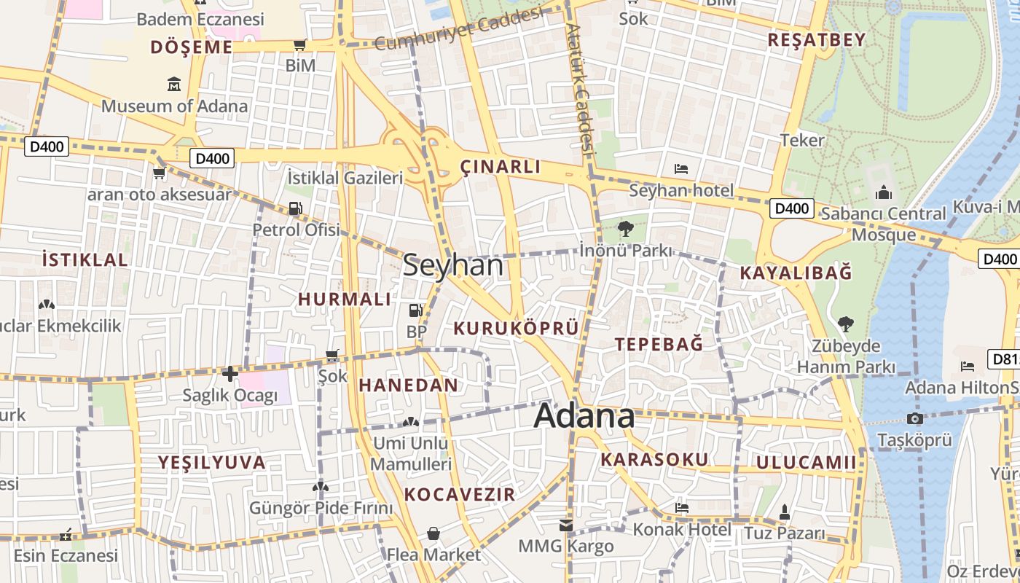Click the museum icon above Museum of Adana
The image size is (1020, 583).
coord(174,84)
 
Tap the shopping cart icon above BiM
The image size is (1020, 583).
coord(299,45)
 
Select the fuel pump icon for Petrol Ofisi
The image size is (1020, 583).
coord(295,208)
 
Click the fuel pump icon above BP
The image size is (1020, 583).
coord(415,310)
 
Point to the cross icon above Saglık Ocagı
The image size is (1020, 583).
coord(230,374)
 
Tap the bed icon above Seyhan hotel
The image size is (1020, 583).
coord(681,169)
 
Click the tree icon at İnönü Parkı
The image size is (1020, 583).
coord(625,229)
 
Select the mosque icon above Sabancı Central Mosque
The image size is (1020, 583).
coord(884,192)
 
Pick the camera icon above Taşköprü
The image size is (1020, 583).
coord(915,418)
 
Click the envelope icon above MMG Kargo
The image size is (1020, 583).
coord(566,525)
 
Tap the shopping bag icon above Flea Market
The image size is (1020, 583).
coord(433,533)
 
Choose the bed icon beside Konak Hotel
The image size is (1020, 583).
coord(682,507)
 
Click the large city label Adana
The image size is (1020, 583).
coord(584,416)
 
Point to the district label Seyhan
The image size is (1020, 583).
coord(452,265)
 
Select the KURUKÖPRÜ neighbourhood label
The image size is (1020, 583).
coord(516,329)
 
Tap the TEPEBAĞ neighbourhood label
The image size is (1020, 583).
coord(659,345)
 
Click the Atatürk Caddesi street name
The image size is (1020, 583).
coord(581,87)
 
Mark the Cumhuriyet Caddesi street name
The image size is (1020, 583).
coord(460,30)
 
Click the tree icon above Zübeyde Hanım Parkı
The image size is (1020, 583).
coord(845,324)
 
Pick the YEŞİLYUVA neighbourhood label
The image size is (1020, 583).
coord(212,463)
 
